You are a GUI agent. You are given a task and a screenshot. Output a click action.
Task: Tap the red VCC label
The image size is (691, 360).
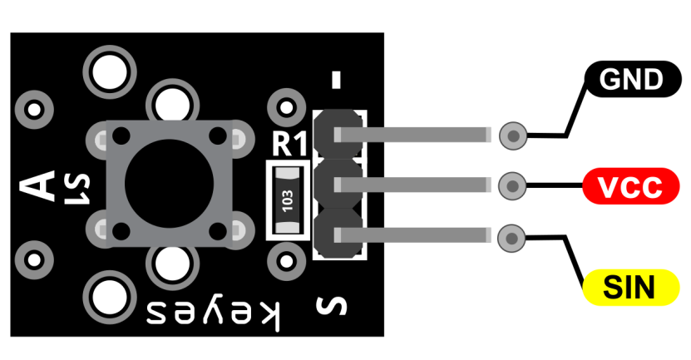click(x=631, y=186)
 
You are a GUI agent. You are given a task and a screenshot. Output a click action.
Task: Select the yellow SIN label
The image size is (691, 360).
click(x=631, y=288)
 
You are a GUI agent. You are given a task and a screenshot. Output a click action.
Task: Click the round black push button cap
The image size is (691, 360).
click(x=170, y=184)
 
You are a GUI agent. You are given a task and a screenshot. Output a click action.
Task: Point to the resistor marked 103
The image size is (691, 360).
click(x=289, y=200)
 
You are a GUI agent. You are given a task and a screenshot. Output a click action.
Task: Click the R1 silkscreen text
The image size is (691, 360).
click(x=289, y=144)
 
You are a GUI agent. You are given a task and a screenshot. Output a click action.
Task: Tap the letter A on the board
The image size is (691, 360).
click(x=37, y=185)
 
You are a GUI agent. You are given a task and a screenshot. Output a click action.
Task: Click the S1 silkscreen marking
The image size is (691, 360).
click(x=77, y=189)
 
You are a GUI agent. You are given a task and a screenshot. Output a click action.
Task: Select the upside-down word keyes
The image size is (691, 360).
click(x=214, y=314)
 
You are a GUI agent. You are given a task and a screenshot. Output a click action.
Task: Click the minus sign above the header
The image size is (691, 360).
click(x=336, y=80)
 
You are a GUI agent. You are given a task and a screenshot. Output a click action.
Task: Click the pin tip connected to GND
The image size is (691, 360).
click(x=513, y=136)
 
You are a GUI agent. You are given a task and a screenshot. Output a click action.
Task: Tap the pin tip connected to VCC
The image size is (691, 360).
click(x=512, y=186)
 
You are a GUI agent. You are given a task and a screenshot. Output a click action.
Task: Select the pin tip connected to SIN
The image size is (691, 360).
click(x=511, y=239)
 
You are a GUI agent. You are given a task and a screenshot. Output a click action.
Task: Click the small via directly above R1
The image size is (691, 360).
click(x=287, y=107)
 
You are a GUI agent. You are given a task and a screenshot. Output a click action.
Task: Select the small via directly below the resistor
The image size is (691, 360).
click(x=287, y=261)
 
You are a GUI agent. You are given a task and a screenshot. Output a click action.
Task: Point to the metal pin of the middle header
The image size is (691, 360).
click(x=412, y=185)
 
